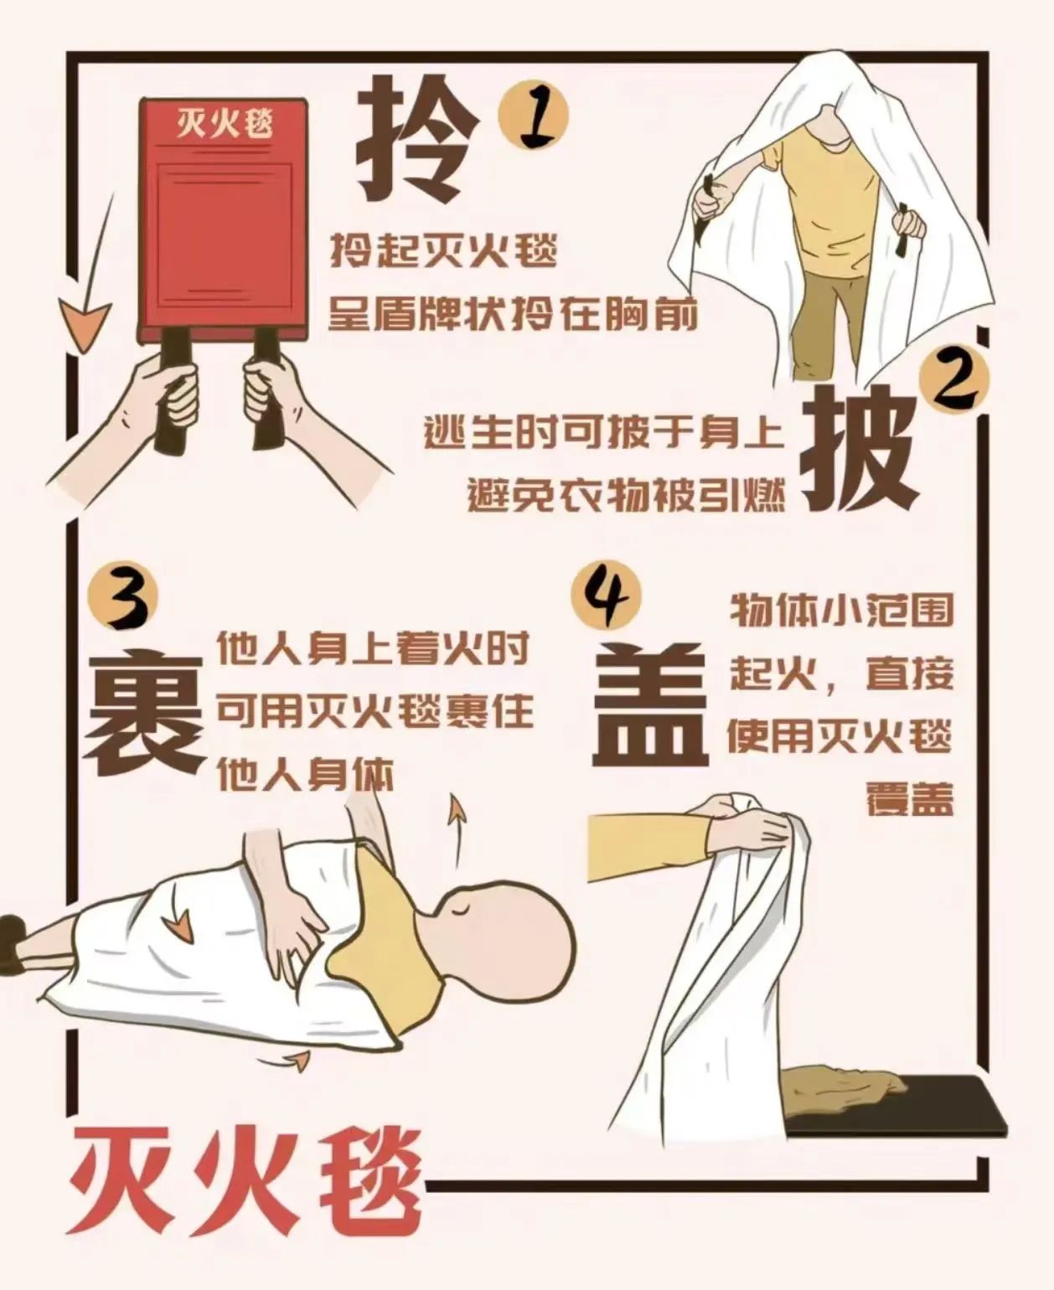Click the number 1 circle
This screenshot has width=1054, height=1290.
pyautogui.click(x=534, y=116)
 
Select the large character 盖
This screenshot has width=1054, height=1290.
pyautogui.click(x=649, y=703)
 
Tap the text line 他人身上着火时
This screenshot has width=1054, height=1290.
pyautogui.click(x=373, y=649)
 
